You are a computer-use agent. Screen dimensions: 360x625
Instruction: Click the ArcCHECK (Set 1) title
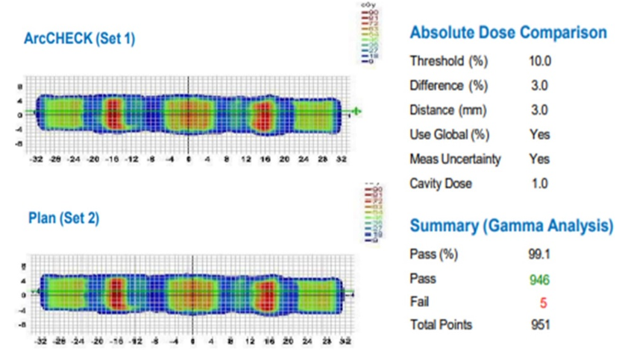[x=81, y=39]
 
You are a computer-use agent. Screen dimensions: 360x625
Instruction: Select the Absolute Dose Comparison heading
[x=508, y=34]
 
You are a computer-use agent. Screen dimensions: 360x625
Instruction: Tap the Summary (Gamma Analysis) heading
[x=512, y=225]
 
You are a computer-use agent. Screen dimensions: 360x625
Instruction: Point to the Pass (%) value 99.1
[x=538, y=254]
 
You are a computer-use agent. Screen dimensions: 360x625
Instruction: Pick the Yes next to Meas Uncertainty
[x=538, y=159]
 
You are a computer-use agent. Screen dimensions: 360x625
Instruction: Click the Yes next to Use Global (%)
[x=538, y=134]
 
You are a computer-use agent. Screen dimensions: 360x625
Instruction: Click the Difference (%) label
[x=447, y=86]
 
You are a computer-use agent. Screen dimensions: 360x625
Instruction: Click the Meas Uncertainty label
[x=455, y=159]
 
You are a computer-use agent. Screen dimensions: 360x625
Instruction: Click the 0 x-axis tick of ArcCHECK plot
[x=189, y=159]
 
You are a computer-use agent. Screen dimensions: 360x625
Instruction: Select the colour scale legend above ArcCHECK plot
[x=368, y=34]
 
